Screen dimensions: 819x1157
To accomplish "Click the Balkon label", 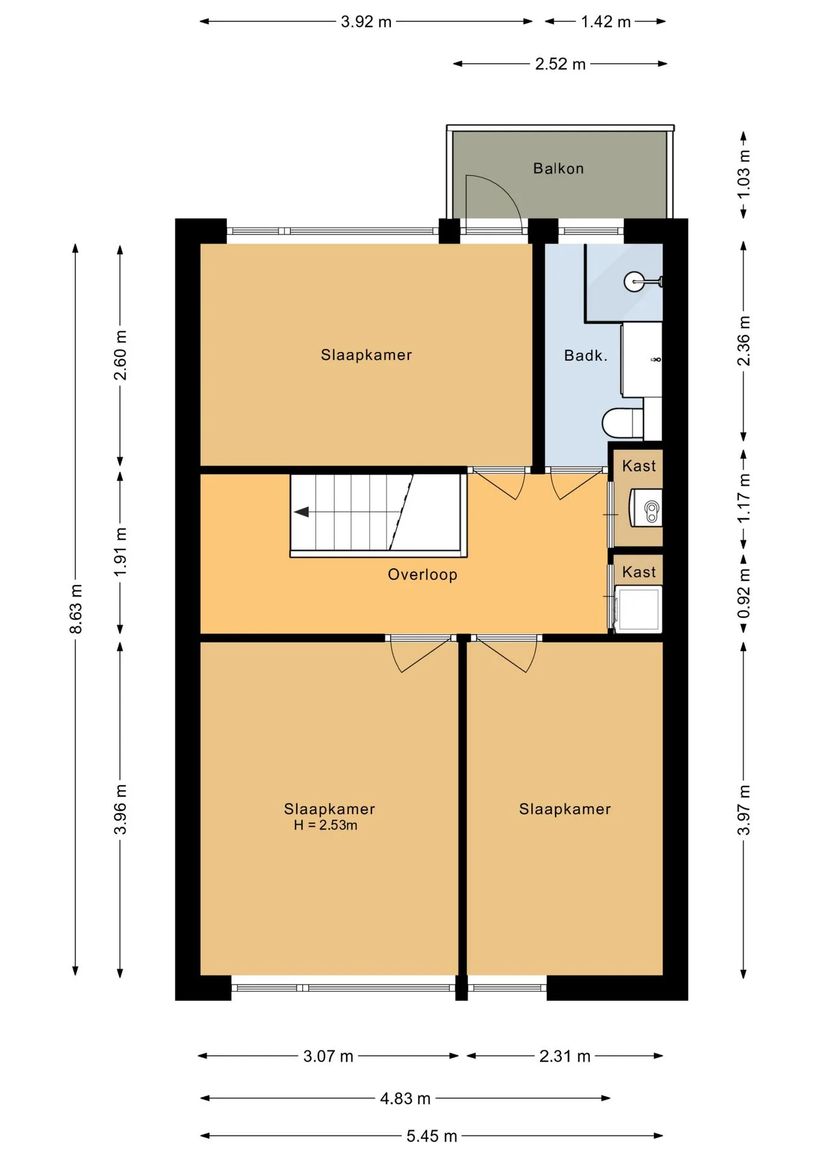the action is (x=558, y=168).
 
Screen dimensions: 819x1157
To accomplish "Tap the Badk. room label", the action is (x=585, y=356).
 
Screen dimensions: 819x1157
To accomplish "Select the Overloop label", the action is (x=422, y=574).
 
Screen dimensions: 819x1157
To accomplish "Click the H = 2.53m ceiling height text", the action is (x=326, y=825).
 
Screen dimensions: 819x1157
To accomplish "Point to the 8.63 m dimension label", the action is (x=76, y=609).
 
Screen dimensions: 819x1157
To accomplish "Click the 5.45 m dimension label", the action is (x=431, y=1136).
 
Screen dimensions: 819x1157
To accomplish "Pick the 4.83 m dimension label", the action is (x=405, y=1099).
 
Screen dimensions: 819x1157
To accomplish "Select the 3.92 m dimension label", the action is (x=366, y=22).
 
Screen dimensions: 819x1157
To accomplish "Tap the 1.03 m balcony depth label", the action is (x=744, y=174).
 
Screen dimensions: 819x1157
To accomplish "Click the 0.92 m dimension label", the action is (x=744, y=593).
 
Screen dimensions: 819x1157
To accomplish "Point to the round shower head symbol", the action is (x=634, y=281).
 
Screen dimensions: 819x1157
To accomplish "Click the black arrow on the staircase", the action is (x=302, y=512).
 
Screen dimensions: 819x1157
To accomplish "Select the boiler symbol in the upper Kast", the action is (x=646, y=507).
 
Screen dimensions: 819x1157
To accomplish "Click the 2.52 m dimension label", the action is (x=560, y=64).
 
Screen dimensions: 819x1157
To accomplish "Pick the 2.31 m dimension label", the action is (x=564, y=1056).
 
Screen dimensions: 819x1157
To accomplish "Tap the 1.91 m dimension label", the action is (x=121, y=551).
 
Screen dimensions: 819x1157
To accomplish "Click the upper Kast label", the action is (x=639, y=466).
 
